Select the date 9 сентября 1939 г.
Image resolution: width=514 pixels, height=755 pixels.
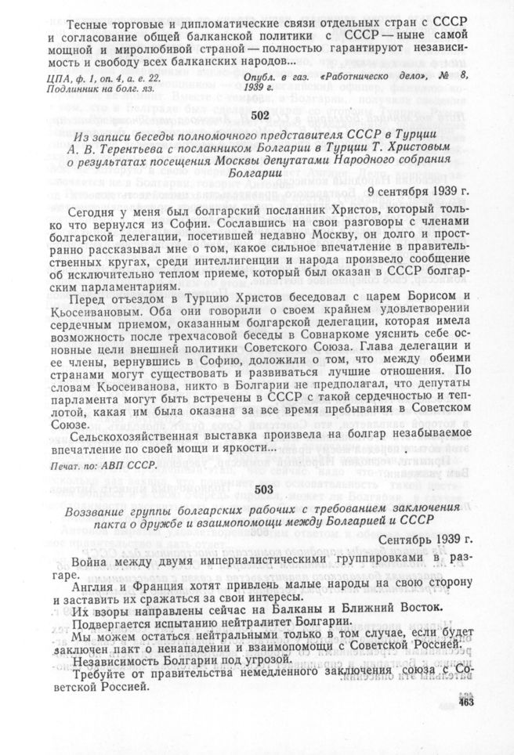pyautogui.click(x=420, y=191)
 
